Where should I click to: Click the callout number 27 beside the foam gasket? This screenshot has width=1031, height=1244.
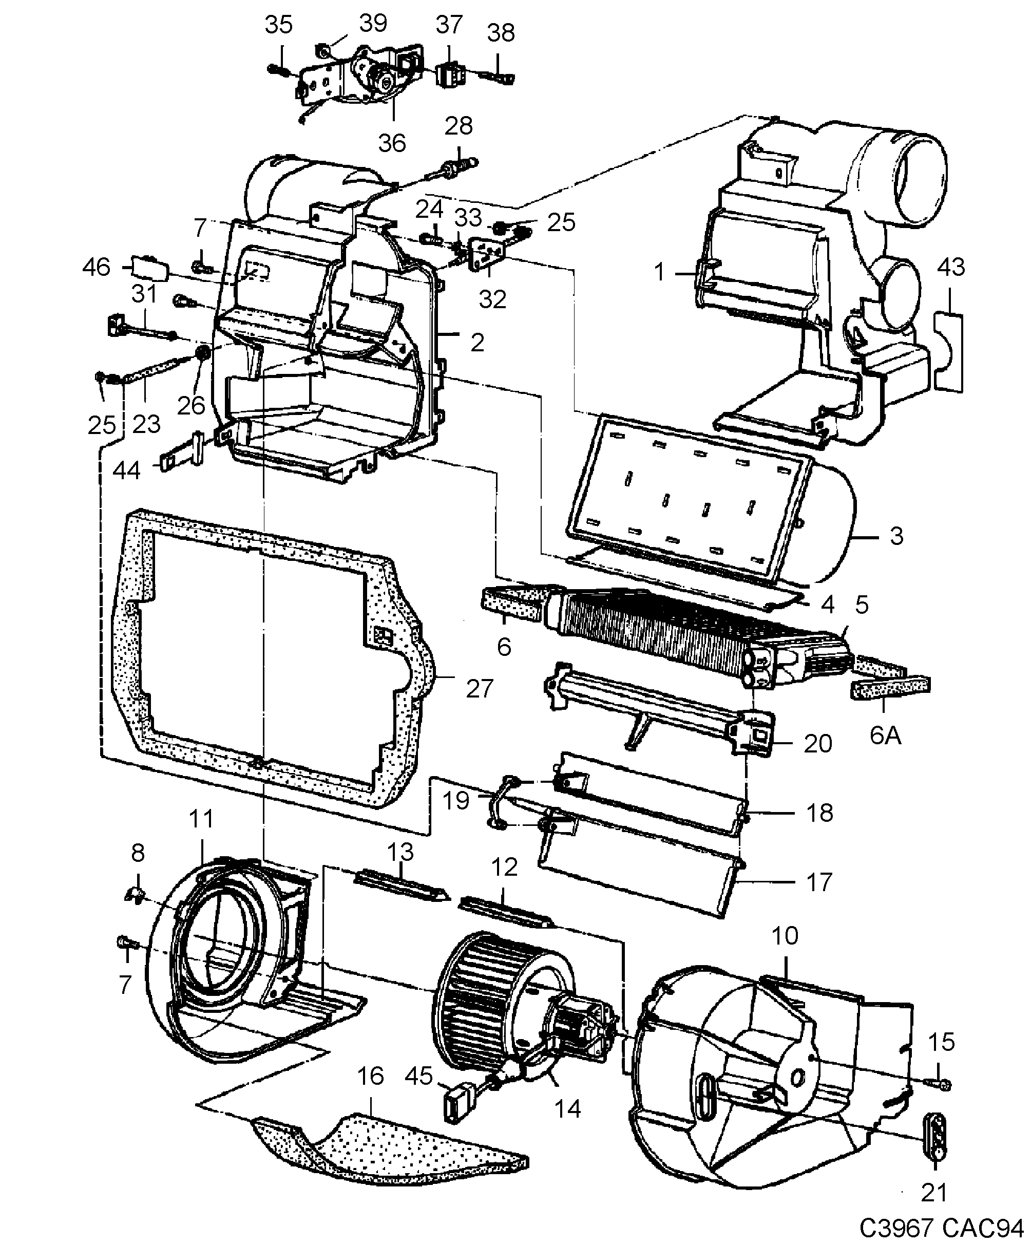pos(479,689)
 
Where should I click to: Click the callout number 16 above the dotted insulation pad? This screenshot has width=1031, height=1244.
pos(371,1077)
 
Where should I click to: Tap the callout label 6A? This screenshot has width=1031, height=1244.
pos(885,735)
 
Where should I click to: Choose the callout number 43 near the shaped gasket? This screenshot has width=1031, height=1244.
pos(951,268)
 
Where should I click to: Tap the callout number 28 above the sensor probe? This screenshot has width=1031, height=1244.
pos(459,126)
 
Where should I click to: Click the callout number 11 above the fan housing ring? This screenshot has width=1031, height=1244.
pos(201,819)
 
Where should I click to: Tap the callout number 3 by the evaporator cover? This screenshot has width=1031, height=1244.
pos(896,536)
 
